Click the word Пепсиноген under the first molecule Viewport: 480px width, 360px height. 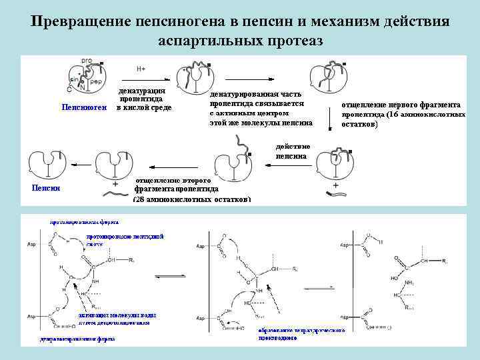83,107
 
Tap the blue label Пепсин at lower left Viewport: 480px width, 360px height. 46,187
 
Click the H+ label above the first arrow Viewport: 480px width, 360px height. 141,69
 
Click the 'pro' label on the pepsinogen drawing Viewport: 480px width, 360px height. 87,61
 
